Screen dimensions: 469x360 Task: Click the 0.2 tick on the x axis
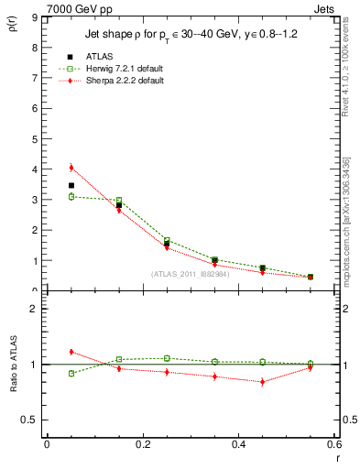pos(142,444)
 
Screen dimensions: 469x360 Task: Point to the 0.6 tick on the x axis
pos(333,444)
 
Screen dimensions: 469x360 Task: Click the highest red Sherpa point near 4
pos(71,168)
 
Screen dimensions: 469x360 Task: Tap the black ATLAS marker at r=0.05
pos(71,186)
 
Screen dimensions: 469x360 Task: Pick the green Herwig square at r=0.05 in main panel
pos(71,197)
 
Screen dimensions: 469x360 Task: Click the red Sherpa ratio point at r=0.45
pos(262,381)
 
